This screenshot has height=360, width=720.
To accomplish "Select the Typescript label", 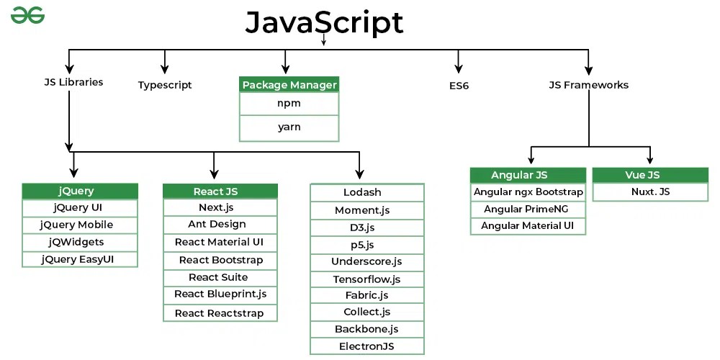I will pyautogui.click(x=165, y=85).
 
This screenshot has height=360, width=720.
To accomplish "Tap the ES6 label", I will pyautogui.click(x=459, y=85).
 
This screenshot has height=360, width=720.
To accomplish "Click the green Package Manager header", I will pyautogui.click(x=289, y=85).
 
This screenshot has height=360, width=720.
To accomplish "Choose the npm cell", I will pyautogui.click(x=289, y=104).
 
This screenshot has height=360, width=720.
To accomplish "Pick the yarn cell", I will pyautogui.click(x=289, y=127).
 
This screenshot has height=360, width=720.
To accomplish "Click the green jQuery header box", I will pyautogui.click(x=79, y=192).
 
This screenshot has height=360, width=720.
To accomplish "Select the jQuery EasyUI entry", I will pyautogui.click(x=79, y=259).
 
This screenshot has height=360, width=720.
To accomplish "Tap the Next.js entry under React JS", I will pyautogui.click(x=220, y=207).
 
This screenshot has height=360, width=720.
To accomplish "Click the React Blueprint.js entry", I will pyautogui.click(x=220, y=294).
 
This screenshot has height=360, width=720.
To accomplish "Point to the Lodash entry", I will pyautogui.click(x=366, y=192).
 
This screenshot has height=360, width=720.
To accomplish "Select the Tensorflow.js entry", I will pyautogui.click(x=366, y=279).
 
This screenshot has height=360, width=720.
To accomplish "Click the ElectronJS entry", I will pyautogui.click(x=366, y=346).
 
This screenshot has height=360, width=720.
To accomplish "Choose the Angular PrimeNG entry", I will pyautogui.click(x=528, y=210).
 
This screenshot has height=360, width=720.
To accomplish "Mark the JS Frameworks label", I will pyautogui.click(x=588, y=85).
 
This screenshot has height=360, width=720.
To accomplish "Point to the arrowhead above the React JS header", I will pyautogui.click(x=214, y=174).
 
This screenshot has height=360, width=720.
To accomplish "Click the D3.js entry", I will pyautogui.click(x=366, y=228).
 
